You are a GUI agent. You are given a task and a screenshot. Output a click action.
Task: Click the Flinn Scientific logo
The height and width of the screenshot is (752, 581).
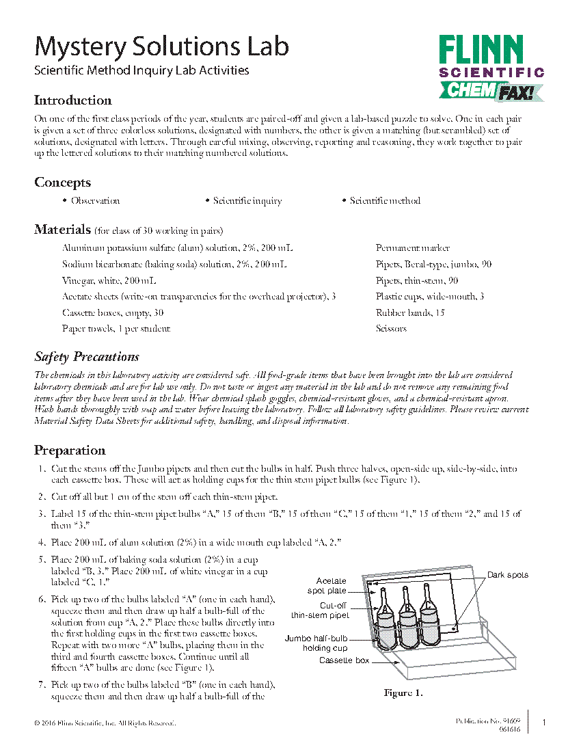click(x=491, y=67)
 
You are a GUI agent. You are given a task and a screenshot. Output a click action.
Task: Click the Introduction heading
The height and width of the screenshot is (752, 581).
click(x=73, y=100)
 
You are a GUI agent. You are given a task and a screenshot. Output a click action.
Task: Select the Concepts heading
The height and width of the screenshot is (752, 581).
click(x=62, y=183)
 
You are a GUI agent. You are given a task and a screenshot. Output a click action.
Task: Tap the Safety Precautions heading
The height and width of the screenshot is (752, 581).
click(x=87, y=357)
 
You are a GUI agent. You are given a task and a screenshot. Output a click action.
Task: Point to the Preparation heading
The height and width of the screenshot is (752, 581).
click(x=70, y=451)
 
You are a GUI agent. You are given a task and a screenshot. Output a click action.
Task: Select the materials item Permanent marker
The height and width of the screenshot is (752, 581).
click(x=412, y=248)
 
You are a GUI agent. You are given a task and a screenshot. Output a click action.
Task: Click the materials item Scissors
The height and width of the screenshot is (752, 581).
click(x=391, y=329)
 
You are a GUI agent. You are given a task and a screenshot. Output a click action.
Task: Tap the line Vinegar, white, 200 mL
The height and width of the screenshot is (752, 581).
click(x=109, y=280)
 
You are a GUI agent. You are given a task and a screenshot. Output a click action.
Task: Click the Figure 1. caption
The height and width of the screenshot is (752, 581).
click(x=403, y=693)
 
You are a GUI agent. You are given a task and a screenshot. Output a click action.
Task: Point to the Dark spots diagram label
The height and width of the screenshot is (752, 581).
click(x=507, y=575)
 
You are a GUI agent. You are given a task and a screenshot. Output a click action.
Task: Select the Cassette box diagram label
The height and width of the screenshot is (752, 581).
click(x=344, y=661)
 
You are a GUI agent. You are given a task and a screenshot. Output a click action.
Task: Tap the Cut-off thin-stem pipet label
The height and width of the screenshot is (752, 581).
click(x=322, y=610)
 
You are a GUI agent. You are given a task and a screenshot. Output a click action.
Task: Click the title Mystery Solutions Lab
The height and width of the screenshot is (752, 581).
click(x=161, y=47)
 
